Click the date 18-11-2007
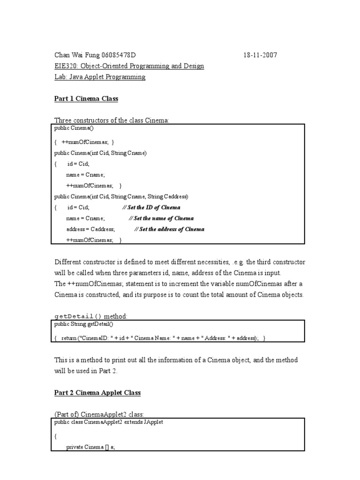click(260, 55)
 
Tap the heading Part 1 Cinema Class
click(86, 98)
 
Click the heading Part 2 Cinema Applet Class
click(97, 393)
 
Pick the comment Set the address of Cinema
click(169, 230)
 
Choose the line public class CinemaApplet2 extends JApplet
click(109, 422)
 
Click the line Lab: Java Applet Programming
click(100, 77)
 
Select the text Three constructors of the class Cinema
click(112, 120)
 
